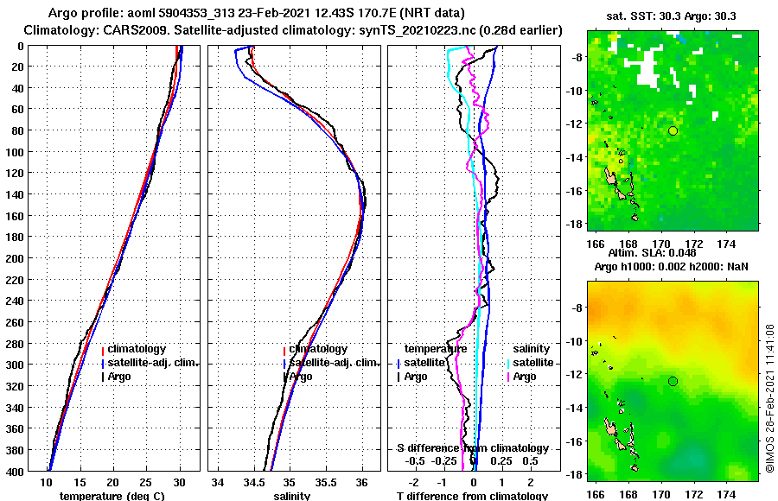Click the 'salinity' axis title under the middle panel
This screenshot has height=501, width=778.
click(291, 496)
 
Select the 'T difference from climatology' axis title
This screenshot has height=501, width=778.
click(472, 496)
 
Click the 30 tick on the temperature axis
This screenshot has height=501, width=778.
click(179, 482)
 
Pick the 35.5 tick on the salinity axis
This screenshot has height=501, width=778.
click(326, 482)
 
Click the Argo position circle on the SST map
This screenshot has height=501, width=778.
click(673, 130)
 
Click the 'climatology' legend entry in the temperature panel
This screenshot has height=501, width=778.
click(137, 349)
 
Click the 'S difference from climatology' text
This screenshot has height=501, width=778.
click(472, 448)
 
